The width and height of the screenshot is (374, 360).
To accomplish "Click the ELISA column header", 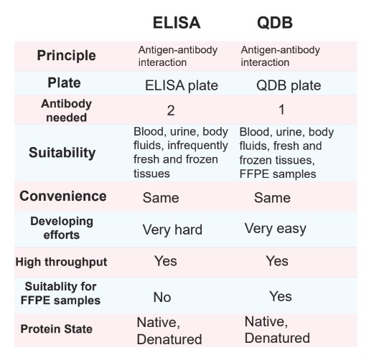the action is click(177, 23).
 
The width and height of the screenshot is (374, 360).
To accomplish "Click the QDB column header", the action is click(275, 23).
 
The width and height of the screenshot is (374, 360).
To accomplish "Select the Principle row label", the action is click(67, 56).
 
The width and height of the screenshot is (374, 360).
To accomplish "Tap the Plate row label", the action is click(64, 82).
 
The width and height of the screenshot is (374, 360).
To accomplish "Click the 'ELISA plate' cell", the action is click(182, 85).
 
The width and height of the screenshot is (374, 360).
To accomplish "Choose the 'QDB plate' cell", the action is click(289, 85).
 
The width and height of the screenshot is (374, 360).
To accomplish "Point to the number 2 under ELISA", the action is click(171, 110).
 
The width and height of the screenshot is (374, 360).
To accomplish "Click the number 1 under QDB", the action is click(281, 110).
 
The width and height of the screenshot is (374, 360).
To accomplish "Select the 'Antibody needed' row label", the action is click(66, 110).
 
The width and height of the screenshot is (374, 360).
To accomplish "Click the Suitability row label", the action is click(62, 153).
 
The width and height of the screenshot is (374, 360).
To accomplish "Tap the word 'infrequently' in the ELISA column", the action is click(197, 146).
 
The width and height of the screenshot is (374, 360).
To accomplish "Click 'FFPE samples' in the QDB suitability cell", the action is click(278, 174).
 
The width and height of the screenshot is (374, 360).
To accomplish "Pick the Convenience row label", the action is click(63, 196).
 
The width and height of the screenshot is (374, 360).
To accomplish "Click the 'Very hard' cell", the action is click(172, 229).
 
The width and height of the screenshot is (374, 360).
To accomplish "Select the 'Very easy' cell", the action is click(276, 229).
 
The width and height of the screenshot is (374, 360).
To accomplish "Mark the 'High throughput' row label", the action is click(61, 262).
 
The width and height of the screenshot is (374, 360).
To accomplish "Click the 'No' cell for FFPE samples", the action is click(162, 297).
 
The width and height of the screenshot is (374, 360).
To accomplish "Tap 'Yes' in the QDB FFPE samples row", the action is click(281, 296).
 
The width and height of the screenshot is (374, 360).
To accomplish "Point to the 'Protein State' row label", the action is click(57, 329).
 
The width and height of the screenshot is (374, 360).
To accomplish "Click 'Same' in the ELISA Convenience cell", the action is click(161, 198).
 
